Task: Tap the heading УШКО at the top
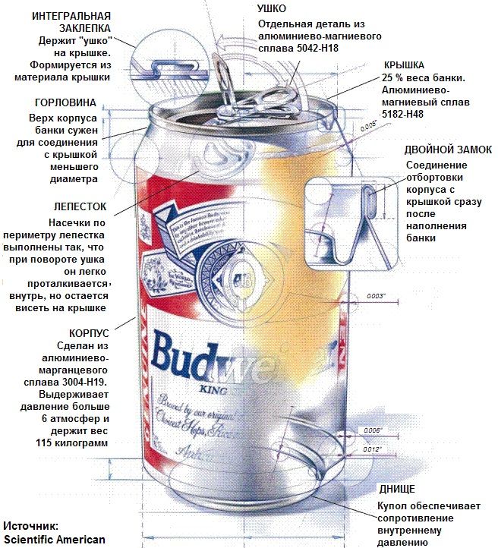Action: pos(272,9)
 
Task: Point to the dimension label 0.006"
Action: pos(373,430)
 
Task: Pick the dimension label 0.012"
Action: pos(373,449)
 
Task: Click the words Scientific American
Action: pos(53,540)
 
